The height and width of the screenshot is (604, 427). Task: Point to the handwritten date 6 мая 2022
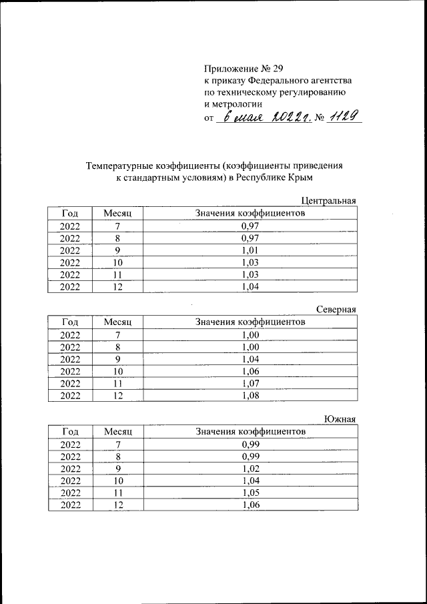coord(264,117)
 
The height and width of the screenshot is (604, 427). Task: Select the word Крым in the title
coord(300,178)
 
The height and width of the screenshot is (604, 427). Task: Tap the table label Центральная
coord(329,200)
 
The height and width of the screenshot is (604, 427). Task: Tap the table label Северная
coord(336,309)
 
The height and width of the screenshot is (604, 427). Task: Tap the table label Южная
coord(340,418)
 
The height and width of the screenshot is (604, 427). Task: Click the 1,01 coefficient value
coord(250,250)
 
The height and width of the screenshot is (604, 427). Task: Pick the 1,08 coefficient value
coord(250,395)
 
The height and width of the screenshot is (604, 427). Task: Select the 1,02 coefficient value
coord(250,469)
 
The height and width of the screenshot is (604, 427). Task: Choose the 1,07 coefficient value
coord(250,383)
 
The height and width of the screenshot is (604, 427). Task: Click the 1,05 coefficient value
coord(250,493)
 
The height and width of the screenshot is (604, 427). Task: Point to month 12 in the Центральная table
coord(118,286)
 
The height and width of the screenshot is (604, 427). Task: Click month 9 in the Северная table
coord(118,359)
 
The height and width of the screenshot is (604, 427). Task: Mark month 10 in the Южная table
coord(118,481)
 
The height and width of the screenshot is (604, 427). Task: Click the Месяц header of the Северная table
coord(118,322)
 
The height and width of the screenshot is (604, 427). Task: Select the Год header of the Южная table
coord(70,432)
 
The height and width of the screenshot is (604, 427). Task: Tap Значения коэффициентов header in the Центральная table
coord(250,213)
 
